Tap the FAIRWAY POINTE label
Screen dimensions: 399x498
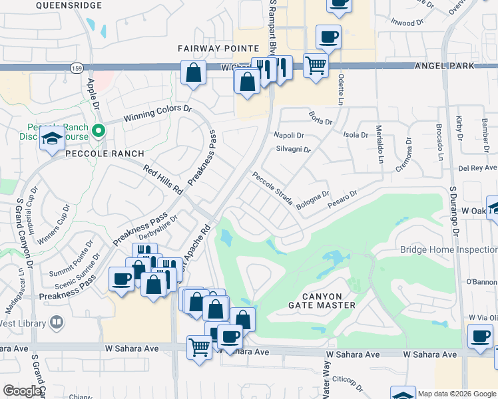[218, 49]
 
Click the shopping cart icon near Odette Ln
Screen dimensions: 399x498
[316, 65]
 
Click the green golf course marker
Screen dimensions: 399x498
[99, 130]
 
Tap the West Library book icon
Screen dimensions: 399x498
[57, 323]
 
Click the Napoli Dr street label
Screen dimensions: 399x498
[289, 135]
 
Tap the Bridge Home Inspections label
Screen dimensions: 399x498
[449, 249]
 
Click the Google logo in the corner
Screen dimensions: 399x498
[22, 391]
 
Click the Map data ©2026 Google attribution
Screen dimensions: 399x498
[457, 394]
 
